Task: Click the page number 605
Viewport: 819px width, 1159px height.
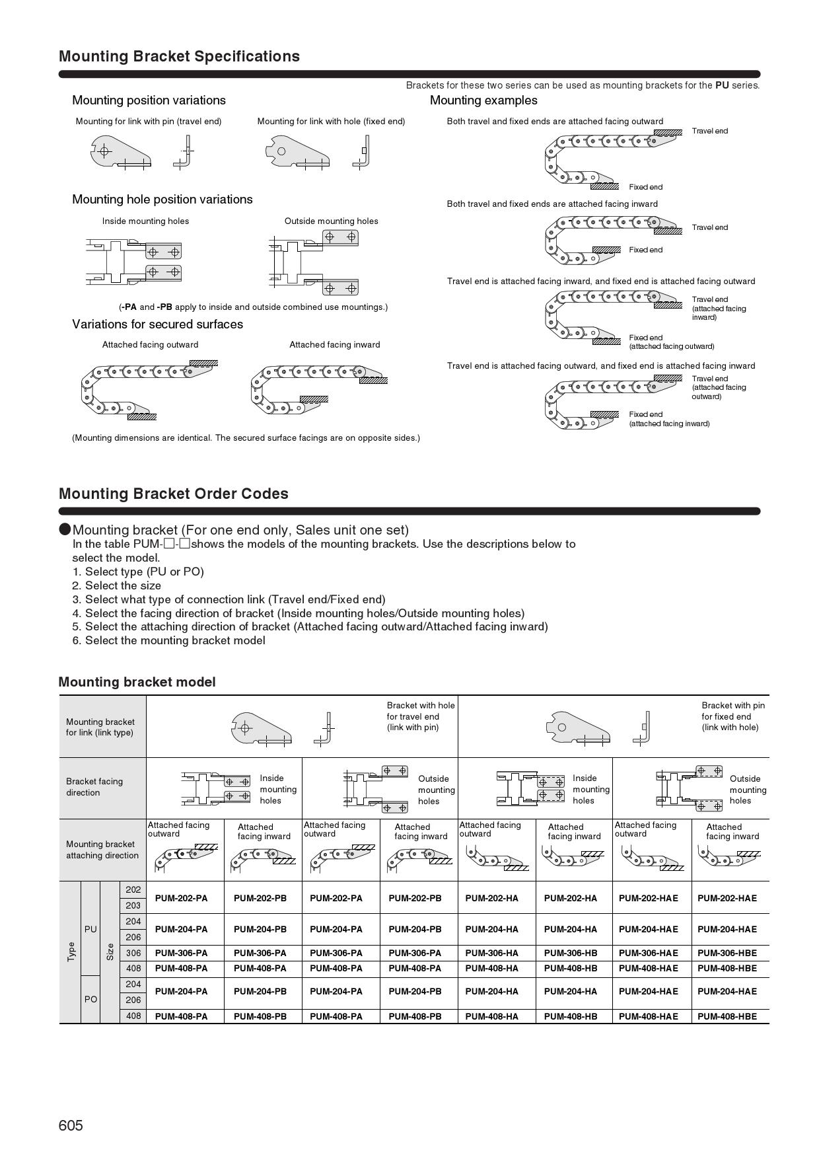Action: [71, 1125]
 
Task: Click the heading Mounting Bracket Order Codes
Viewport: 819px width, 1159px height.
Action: [174, 494]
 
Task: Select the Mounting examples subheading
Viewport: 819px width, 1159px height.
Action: [483, 100]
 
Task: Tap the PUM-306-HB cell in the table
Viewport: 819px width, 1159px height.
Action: [571, 953]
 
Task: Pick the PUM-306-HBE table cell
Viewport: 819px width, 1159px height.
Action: [727, 953]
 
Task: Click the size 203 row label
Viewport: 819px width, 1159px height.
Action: [133, 905]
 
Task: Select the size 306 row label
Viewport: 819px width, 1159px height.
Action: [133, 953]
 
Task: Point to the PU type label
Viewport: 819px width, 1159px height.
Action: [90, 929]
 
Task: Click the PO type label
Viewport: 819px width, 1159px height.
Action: [90, 999]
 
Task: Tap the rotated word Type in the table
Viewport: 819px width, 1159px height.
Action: [71, 952]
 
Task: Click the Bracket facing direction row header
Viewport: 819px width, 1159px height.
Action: [94, 787]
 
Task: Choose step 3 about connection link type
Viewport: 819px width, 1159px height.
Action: [229, 599]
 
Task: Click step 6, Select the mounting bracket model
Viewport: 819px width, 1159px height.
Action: [168, 640]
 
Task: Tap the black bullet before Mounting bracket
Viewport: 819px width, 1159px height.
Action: [65, 529]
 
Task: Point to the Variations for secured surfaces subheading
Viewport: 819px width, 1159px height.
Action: [157, 324]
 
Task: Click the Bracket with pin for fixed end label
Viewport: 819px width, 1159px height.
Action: [732, 716]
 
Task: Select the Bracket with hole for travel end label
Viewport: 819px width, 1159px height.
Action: [421, 716]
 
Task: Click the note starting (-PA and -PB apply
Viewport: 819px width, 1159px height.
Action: [254, 307]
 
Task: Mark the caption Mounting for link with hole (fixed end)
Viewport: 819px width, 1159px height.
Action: [331, 122]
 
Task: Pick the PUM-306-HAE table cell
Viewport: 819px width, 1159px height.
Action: [648, 953]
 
